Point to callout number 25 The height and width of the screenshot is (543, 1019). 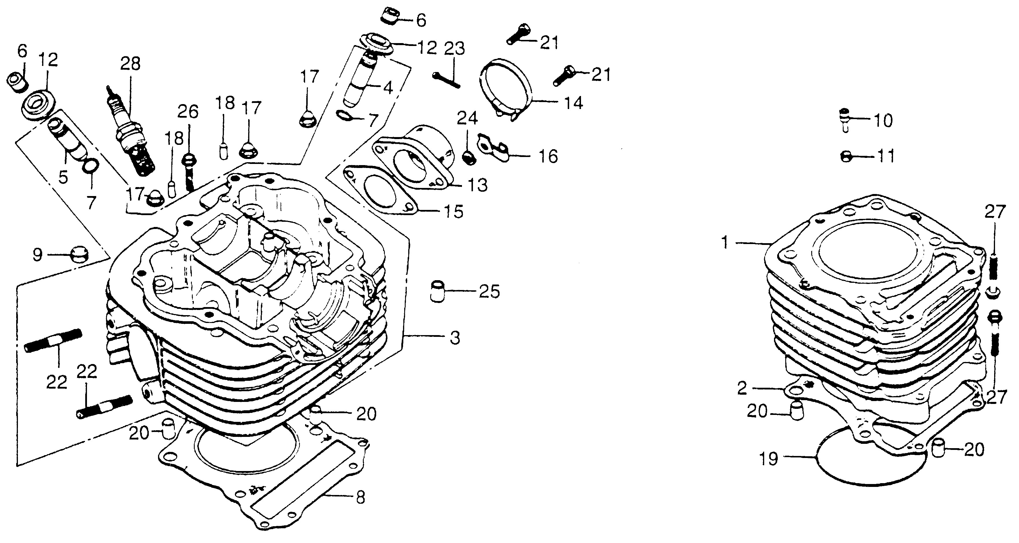489,292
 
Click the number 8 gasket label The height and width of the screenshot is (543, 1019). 360,498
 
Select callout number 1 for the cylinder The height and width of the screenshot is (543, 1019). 725,243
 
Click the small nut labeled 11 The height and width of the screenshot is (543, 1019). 845,157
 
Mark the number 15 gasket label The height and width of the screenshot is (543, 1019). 453,211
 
